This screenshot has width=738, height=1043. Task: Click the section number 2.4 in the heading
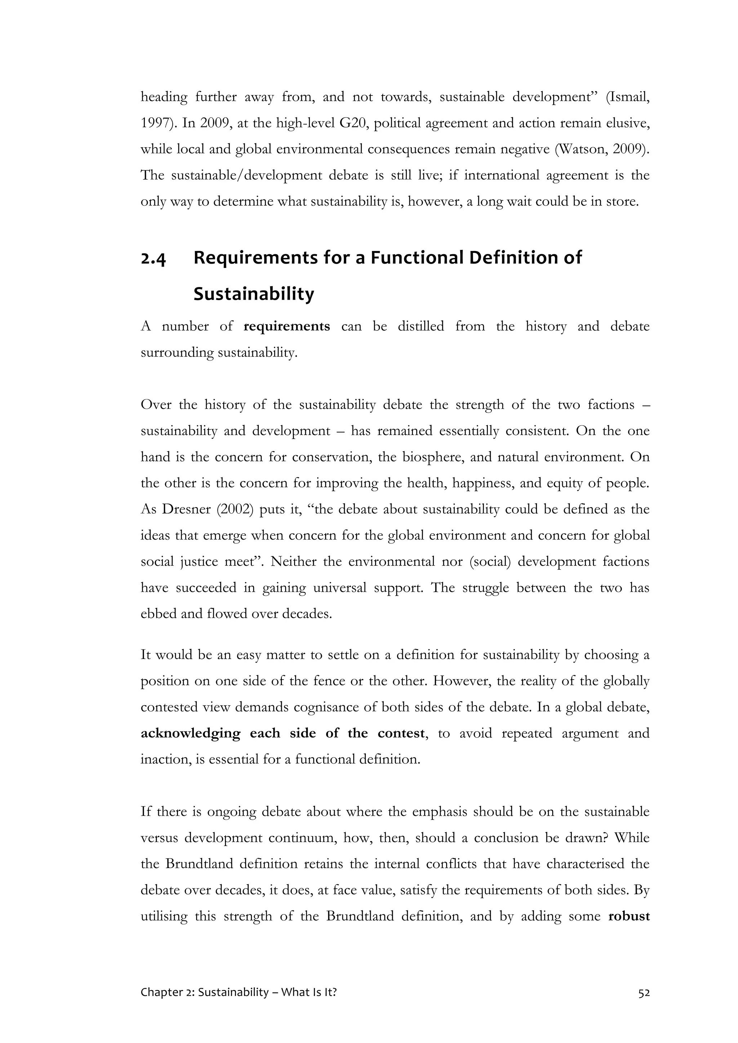(154, 259)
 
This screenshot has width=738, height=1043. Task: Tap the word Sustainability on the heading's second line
(254, 294)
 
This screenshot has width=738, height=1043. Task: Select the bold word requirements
(287, 327)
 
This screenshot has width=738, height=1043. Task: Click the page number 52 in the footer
(644, 993)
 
